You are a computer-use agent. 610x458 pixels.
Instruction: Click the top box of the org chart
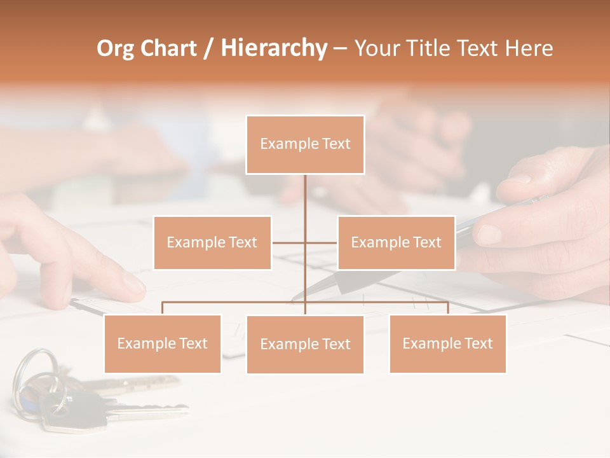(x=305, y=144)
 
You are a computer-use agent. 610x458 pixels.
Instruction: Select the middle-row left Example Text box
(x=212, y=242)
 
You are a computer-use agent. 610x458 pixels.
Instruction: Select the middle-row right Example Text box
(x=396, y=242)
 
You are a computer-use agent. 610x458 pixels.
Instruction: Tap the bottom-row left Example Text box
(x=163, y=343)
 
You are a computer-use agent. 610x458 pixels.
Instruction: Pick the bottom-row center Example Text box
(x=305, y=344)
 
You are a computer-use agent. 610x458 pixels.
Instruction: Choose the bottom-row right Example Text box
(x=447, y=343)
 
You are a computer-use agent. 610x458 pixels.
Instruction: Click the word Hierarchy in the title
(x=274, y=48)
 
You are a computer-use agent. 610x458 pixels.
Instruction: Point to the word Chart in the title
(x=168, y=48)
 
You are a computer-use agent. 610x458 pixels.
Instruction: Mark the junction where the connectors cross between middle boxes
(x=305, y=242)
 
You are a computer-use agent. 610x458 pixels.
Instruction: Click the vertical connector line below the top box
(x=305, y=194)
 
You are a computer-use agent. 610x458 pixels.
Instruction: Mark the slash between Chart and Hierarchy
(x=208, y=48)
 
